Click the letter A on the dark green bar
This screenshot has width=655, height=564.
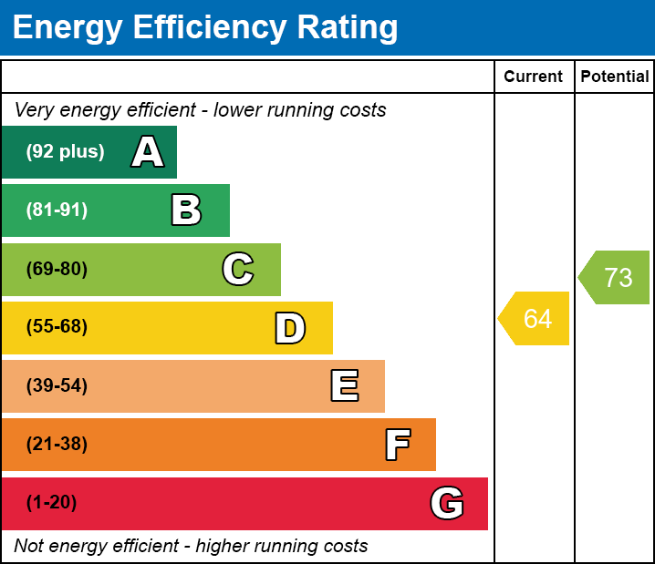tap(148, 152)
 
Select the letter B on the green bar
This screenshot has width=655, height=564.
tap(186, 210)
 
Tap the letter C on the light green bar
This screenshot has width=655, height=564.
tap(238, 269)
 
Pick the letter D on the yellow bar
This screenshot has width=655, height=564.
tap(290, 328)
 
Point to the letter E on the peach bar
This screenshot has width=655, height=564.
tap(344, 386)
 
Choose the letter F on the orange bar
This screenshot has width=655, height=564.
tap(397, 445)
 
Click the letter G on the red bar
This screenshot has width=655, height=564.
tap(447, 503)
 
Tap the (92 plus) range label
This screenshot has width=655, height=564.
tap(65, 152)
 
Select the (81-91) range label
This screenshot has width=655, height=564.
tap(57, 210)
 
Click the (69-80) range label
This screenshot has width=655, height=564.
tap(57, 269)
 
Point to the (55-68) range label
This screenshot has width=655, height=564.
tap(57, 327)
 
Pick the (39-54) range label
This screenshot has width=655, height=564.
tap(57, 385)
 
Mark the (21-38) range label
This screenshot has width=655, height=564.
tap(57, 445)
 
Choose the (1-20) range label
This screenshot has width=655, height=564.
tap(52, 503)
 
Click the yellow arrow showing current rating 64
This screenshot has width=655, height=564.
tap(535, 319)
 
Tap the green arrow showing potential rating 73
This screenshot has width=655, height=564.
tap(616, 277)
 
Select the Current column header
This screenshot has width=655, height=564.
tap(534, 77)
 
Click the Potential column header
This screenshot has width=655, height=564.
tap(615, 77)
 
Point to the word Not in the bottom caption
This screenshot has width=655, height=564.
tap(29, 546)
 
